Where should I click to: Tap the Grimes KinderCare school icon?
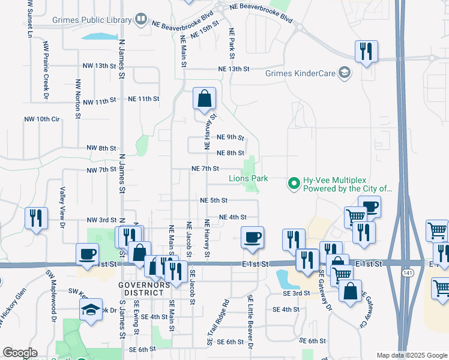pos(345,73)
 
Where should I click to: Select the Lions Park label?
pos(248,178)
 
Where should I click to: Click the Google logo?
pos(20,353)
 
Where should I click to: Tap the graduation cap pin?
pos(91,310)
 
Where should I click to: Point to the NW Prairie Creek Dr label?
pos(45,70)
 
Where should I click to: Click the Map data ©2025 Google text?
pos(411,355)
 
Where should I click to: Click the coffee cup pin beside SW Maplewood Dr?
pos(88,254)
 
